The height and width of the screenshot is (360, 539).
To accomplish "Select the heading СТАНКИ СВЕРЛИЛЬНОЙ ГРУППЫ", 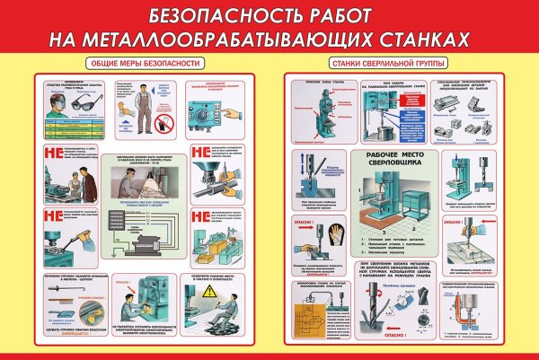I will [380, 63].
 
